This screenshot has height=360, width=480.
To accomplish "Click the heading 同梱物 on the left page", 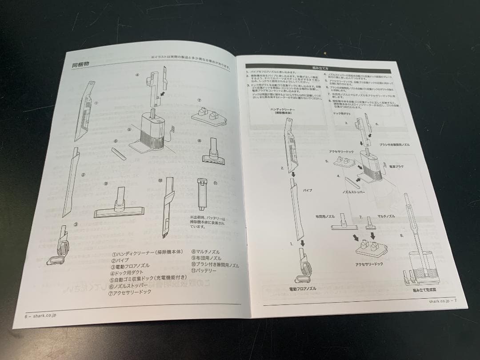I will pyautogui.click(x=81, y=64).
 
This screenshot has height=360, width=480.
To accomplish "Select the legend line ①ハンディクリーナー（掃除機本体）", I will pyautogui.click(x=147, y=252).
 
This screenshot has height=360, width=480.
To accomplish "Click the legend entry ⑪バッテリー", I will pyautogui.click(x=204, y=270).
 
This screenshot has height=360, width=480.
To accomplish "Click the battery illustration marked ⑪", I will pyautogui.click(x=201, y=195).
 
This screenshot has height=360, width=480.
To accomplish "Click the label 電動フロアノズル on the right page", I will pyautogui.click(x=302, y=288).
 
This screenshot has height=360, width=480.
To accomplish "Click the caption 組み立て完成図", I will pyautogui.click(x=425, y=289).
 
